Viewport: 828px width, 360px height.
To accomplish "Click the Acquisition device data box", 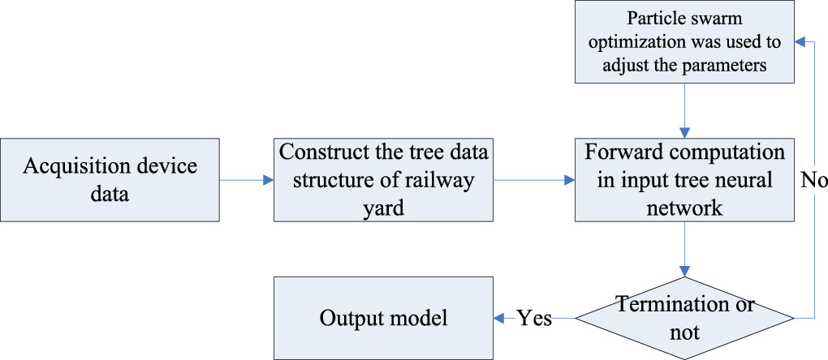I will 110,180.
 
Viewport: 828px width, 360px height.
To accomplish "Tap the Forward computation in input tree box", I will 684,180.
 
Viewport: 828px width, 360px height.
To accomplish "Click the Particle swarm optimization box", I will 684,41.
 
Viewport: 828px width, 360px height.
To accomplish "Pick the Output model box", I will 383,318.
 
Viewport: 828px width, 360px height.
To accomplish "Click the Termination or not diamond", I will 684,318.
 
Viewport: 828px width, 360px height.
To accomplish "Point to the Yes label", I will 536,319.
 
